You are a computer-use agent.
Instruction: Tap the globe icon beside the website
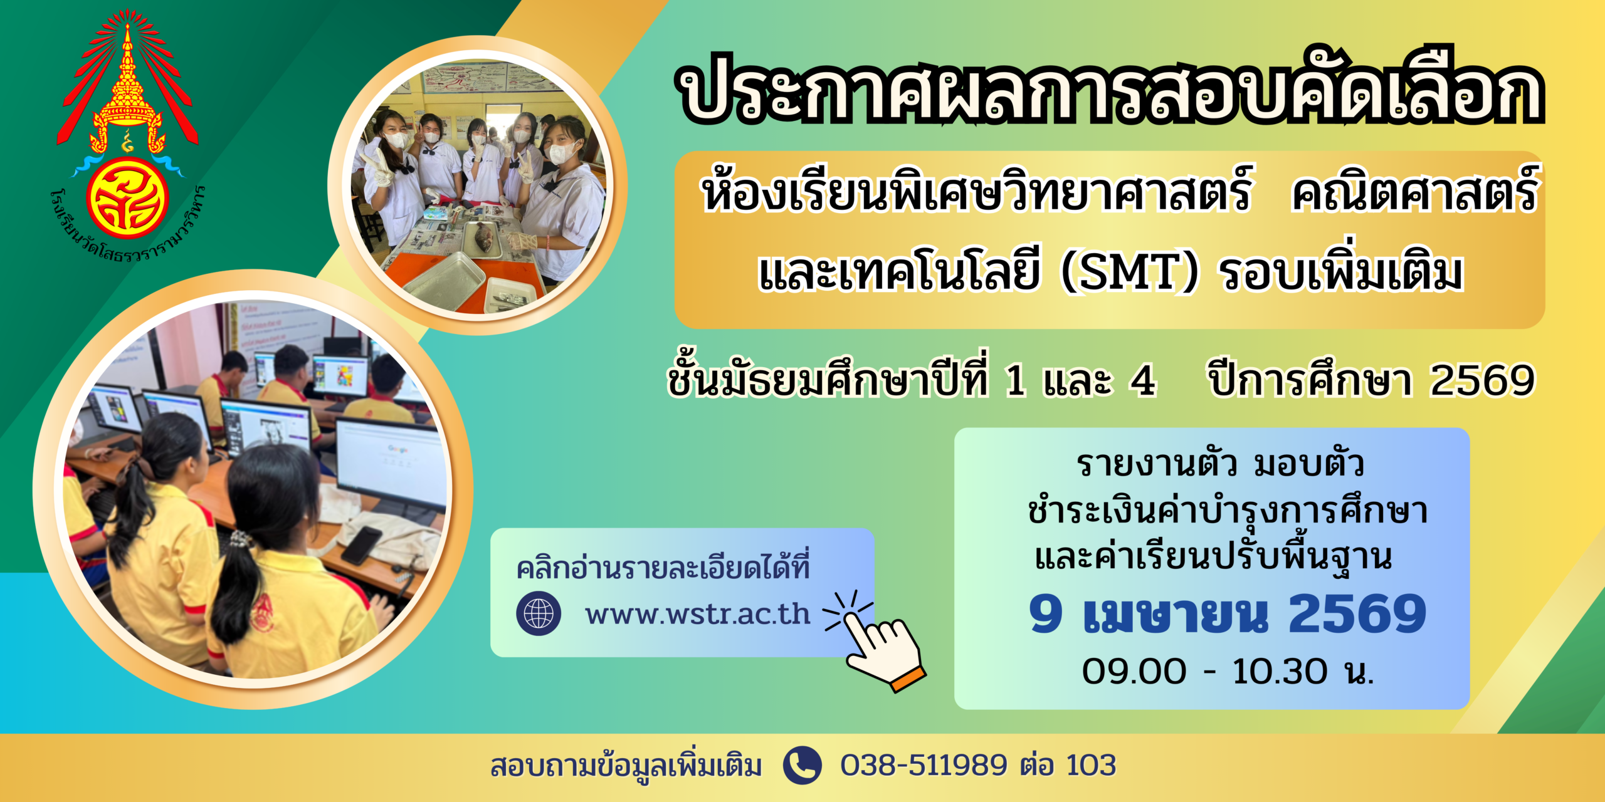coord(539,613)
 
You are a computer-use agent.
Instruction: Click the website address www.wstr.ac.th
coord(698,614)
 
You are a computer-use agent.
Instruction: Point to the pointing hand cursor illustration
coord(878,642)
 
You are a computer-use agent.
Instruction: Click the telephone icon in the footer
coord(802,765)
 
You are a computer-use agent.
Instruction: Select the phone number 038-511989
coord(924,765)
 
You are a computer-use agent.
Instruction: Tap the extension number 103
coord(1091,765)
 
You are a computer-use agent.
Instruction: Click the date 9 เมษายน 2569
coord(1228,613)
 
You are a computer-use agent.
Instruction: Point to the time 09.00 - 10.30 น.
coord(1228,671)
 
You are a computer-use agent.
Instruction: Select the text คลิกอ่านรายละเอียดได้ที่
coord(663,566)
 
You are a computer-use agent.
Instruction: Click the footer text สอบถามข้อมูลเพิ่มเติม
coord(626,766)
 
